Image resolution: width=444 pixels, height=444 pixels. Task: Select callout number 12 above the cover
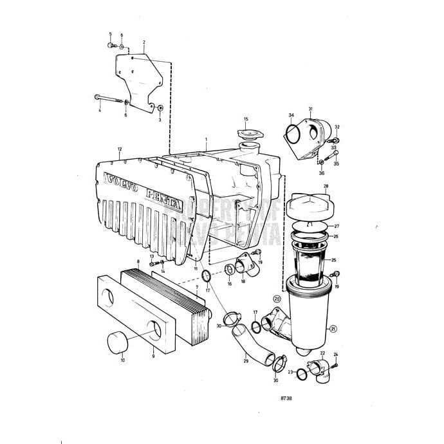(x=120, y=149)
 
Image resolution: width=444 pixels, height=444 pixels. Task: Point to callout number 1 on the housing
(x=206, y=139)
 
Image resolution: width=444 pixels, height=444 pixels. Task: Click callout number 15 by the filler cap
(x=246, y=119)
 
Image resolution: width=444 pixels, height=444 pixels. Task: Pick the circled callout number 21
(x=333, y=329)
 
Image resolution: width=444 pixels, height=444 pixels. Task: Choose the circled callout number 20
(x=277, y=299)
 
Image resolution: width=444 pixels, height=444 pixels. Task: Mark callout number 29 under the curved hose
(x=246, y=362)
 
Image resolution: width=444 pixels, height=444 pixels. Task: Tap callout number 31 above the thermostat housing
(x=310, y=109)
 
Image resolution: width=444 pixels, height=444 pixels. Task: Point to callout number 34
(x=291, y=116)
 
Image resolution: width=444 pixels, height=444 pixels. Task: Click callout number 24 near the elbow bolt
(x=335, y=355)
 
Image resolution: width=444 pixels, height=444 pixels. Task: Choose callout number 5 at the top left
(x=110, y=33)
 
